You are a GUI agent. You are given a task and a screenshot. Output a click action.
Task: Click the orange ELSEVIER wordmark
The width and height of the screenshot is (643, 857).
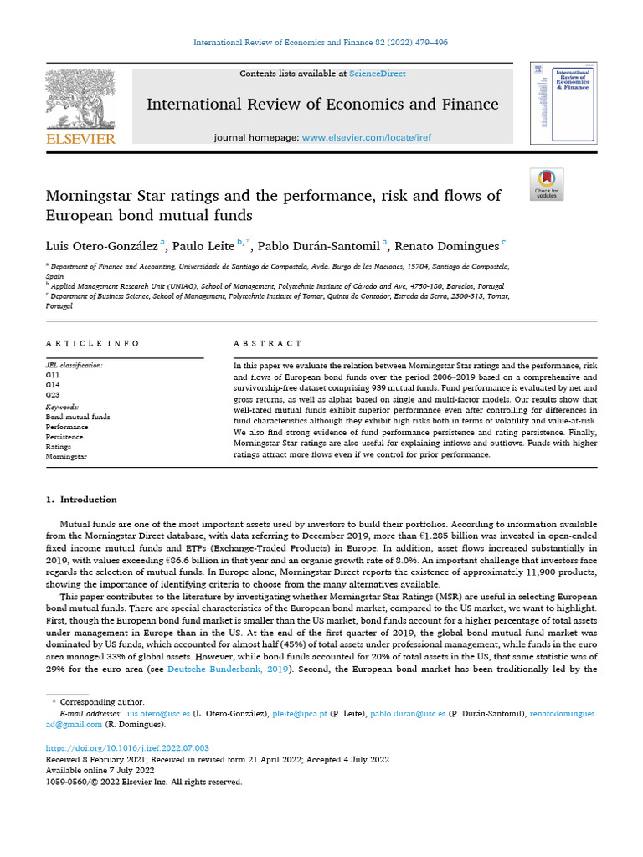click(80, 138)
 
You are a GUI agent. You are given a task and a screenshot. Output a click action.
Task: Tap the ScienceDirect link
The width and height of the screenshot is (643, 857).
click(378, 74)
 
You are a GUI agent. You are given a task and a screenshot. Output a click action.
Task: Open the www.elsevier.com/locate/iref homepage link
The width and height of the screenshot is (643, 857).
click(366, 137)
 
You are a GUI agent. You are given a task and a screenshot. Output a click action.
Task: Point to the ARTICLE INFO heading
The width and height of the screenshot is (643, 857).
click(93, 343)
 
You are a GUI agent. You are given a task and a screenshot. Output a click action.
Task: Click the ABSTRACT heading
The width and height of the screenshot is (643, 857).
click(268, 343)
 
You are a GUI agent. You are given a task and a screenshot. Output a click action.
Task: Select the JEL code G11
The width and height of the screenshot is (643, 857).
click(52, 376)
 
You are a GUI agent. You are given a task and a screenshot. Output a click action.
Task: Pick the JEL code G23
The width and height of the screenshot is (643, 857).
click(52, 394)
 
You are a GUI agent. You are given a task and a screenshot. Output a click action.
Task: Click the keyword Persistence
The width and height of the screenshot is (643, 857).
click(64, 436)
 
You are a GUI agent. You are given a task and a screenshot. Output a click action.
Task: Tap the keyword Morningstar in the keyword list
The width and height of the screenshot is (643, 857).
click(66, 456)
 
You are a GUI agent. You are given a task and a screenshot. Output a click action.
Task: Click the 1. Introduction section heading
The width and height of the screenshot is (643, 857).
click(80, 500)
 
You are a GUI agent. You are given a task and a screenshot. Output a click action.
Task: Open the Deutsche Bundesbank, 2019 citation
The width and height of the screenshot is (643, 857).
click(220, 669)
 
